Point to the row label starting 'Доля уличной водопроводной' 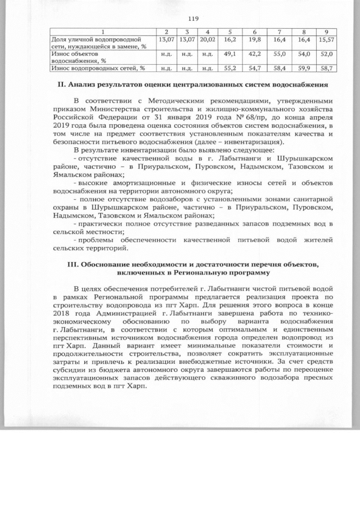click(95, 40)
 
